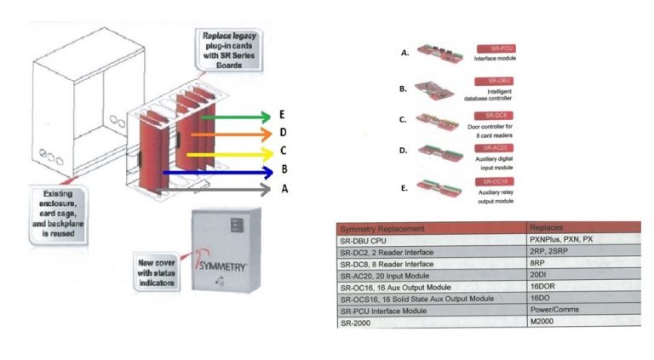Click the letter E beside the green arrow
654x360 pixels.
pos(269,115)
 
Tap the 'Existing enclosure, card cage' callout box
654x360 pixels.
pos(58,213)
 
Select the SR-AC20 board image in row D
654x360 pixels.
pos(442,153)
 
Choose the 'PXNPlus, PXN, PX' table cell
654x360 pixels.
pos(563,241)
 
